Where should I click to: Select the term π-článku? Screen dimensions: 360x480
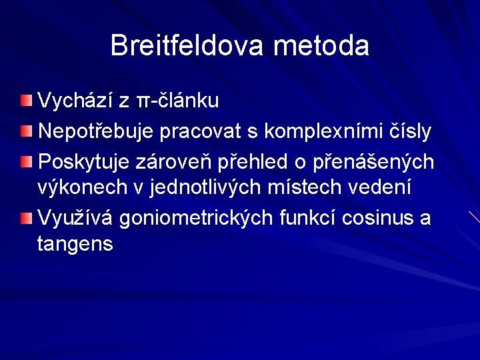click(x=177, y=101)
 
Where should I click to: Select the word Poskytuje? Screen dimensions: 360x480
click(x=83, y=162)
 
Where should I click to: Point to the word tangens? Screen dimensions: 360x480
click(x=75, y=245)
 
